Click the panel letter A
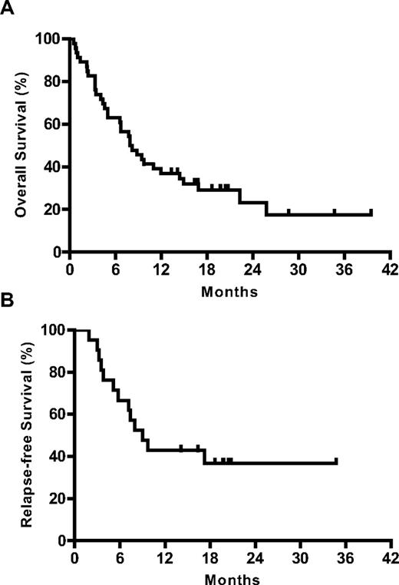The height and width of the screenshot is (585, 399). tap(8, 8)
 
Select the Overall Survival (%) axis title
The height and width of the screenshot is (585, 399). tap(14, 144)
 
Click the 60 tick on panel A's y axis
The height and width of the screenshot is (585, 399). tap(53, 124)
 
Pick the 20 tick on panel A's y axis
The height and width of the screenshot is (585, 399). tap(53, 210)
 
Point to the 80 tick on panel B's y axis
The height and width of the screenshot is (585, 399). tap(57, 372)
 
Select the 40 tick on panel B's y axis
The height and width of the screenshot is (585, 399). tap(57, 457)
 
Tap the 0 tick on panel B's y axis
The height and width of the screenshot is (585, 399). tap(61, 541)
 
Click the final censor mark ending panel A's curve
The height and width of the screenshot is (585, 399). tap(371, 212)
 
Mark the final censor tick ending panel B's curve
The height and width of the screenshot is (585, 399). tap(336, 461)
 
